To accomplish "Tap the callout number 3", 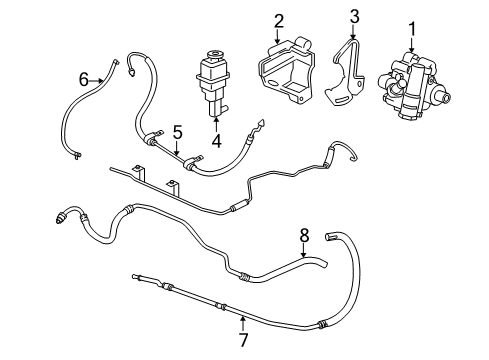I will pos(353,15).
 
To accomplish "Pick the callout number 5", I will pos(177,130).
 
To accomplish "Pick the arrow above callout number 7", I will pos(243,307).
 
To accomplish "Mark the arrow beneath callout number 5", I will pos(177,148).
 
